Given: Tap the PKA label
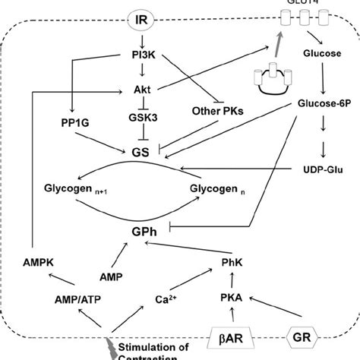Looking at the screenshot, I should pyautogui.click(x=232, y=299).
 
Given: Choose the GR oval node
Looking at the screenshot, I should pyautogui.click(x=302, y=335).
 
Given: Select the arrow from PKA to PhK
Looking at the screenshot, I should pyautogui.click(x=232, y=283).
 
